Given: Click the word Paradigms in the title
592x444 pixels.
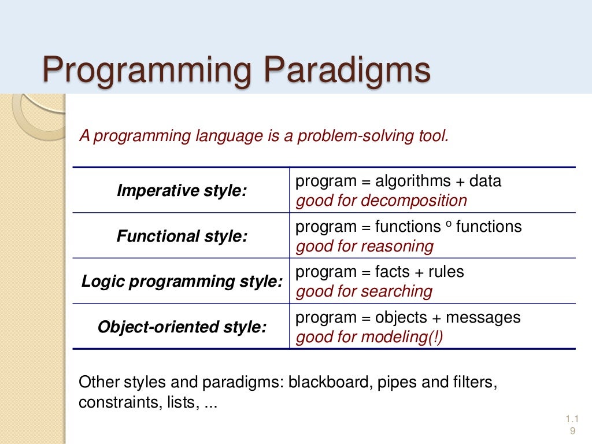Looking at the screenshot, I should coord(347,71).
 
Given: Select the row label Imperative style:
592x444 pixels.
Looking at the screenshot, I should coord(182,191).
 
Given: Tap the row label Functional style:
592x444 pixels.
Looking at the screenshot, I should coord(182,236).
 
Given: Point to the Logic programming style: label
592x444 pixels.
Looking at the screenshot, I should coord(182,282).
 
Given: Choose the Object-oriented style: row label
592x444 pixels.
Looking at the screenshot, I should coord(182,327).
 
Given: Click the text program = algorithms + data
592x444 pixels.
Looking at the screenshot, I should coord(398,181).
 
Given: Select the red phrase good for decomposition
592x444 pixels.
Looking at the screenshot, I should coord(381,201).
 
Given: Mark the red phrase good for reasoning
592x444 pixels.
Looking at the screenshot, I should coord(364,246).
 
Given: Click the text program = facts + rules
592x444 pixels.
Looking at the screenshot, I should coord(379,272).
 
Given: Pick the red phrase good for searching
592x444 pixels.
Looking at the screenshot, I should coord(364,291).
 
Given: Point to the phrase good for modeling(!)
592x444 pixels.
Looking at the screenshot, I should coord(369,337).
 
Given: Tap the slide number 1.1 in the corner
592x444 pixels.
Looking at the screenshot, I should coord(572,419).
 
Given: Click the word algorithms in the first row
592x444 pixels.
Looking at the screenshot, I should coord(413,181).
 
